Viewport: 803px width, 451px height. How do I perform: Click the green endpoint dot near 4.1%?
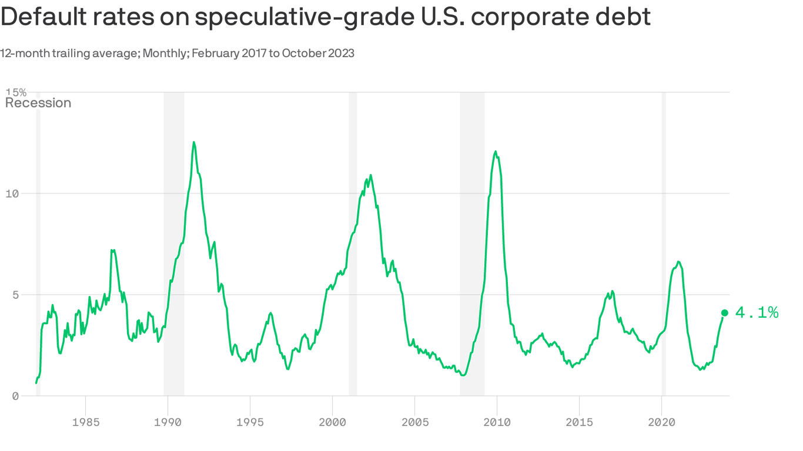coord(724,313)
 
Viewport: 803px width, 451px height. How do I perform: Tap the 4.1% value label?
coord(757,313)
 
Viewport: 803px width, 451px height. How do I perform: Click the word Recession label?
coord(38,103)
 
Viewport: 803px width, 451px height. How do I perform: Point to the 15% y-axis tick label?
coord(16,92)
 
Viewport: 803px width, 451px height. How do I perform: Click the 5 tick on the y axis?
coord(16,295)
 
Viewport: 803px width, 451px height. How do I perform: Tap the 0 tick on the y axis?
coord(16,396)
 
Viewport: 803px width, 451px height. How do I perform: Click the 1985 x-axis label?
coord(85,422)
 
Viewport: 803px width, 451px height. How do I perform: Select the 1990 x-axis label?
coord(168,422)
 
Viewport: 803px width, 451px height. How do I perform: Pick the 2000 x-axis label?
coord(332,422)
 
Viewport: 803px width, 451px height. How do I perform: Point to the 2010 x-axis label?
coord(497,422)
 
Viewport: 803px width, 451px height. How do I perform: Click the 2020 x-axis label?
coord(661,422)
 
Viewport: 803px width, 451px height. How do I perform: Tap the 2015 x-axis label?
coord(579,422)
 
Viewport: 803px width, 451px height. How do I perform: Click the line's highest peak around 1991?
coord(193,142)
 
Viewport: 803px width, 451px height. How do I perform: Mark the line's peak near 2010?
coord(496,152)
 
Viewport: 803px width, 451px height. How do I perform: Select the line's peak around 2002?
coord(370,175)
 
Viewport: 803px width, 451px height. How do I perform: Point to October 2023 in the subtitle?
coord(318,53)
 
